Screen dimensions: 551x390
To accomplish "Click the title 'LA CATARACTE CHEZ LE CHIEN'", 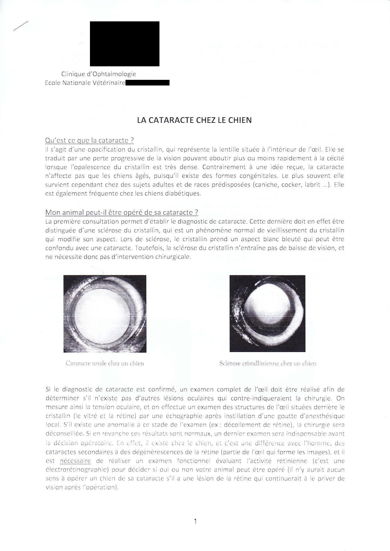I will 194,120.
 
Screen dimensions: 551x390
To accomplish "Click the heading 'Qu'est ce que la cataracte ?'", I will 90,140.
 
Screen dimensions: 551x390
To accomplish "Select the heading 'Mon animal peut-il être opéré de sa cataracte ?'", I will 122,212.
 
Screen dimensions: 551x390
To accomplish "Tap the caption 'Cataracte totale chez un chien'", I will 105,363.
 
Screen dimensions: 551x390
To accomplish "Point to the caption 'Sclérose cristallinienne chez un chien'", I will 268,363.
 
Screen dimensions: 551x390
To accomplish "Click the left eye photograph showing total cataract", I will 105,314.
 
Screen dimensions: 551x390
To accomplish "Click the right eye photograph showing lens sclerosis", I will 267,314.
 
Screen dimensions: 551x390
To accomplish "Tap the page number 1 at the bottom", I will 195,522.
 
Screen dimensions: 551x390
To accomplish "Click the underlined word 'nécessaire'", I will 75,461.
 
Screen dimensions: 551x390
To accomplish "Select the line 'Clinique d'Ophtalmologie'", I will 98,74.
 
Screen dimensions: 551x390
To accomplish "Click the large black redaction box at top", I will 125,44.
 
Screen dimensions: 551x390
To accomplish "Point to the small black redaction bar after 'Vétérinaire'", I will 148,83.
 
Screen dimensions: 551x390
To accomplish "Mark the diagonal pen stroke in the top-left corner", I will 21,26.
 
